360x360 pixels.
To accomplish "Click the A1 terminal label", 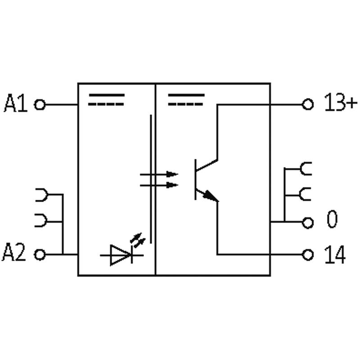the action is point(16,103).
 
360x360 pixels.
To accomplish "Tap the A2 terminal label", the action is point(14,252).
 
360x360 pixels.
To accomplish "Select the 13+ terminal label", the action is point(341,102).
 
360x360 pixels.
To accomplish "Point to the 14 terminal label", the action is point(335,254).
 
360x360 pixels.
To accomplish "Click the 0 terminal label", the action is point(332,219).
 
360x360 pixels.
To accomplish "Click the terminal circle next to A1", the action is point(40,105).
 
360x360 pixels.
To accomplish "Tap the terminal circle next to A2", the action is point(40,255).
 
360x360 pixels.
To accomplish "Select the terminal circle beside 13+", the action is point(308,104).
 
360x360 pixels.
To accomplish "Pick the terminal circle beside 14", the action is point(308,255).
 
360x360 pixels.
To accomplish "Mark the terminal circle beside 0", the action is point(308,222).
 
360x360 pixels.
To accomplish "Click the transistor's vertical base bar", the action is point(195,179).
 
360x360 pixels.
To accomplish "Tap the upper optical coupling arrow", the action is point(159,174).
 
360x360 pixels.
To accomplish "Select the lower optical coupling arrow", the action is point(159,185).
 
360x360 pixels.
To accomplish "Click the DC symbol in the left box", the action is point(107,99).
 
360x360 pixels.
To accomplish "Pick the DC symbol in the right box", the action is point(186,99).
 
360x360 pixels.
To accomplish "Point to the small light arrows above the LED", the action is point(138,240).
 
